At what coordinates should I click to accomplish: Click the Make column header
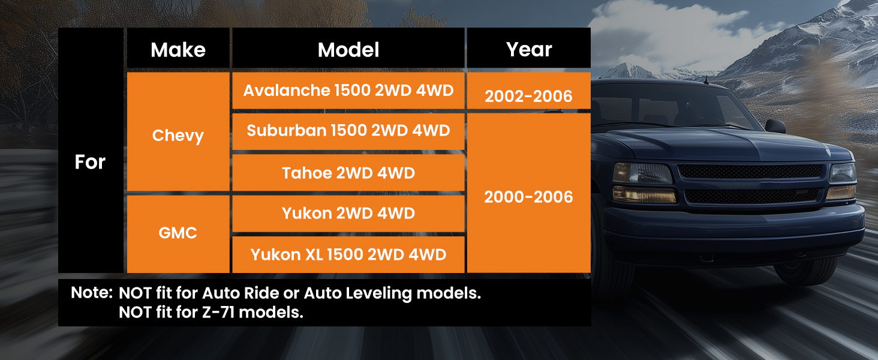pyautogui.click(x=178, y=50)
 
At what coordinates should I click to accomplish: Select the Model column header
pyautogui.click(x=348, y=50)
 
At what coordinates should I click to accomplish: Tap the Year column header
pyautogui.click(x=529, y=49)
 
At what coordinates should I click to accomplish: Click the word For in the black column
pyautogui.click(x=90, y=161)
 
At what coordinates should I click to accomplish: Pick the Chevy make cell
pyautogui.click(x=178, y=132)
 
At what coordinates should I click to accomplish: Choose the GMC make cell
pyautogui.click(x=178, y=234)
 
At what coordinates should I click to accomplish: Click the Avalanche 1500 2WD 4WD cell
pyautogui.click(x=348, y=91)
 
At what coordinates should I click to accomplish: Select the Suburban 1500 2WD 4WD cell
pyautogui.click(x=348, y=131)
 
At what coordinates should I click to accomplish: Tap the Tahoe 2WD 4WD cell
pyautogui.click(x=348, y=173)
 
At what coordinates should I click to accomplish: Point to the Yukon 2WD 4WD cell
pyautogui.click(x=348, y=214)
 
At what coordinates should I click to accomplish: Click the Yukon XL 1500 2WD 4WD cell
pyautogui.click(x=348, y=254)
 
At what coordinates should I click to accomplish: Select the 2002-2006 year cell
pyautogui.click(x=529, y=91)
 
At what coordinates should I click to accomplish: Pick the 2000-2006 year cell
pyautogui.click(x=529, y=193)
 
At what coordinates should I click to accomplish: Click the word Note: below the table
pyautogui.click(x=92, y=293)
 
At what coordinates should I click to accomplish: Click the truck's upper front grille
pyautogui.click(x=750, y=172)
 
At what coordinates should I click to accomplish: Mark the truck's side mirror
pyautogui.click(x=775, y=126)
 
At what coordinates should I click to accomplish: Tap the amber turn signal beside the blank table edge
pyautogui.click(x=644, y=194)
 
